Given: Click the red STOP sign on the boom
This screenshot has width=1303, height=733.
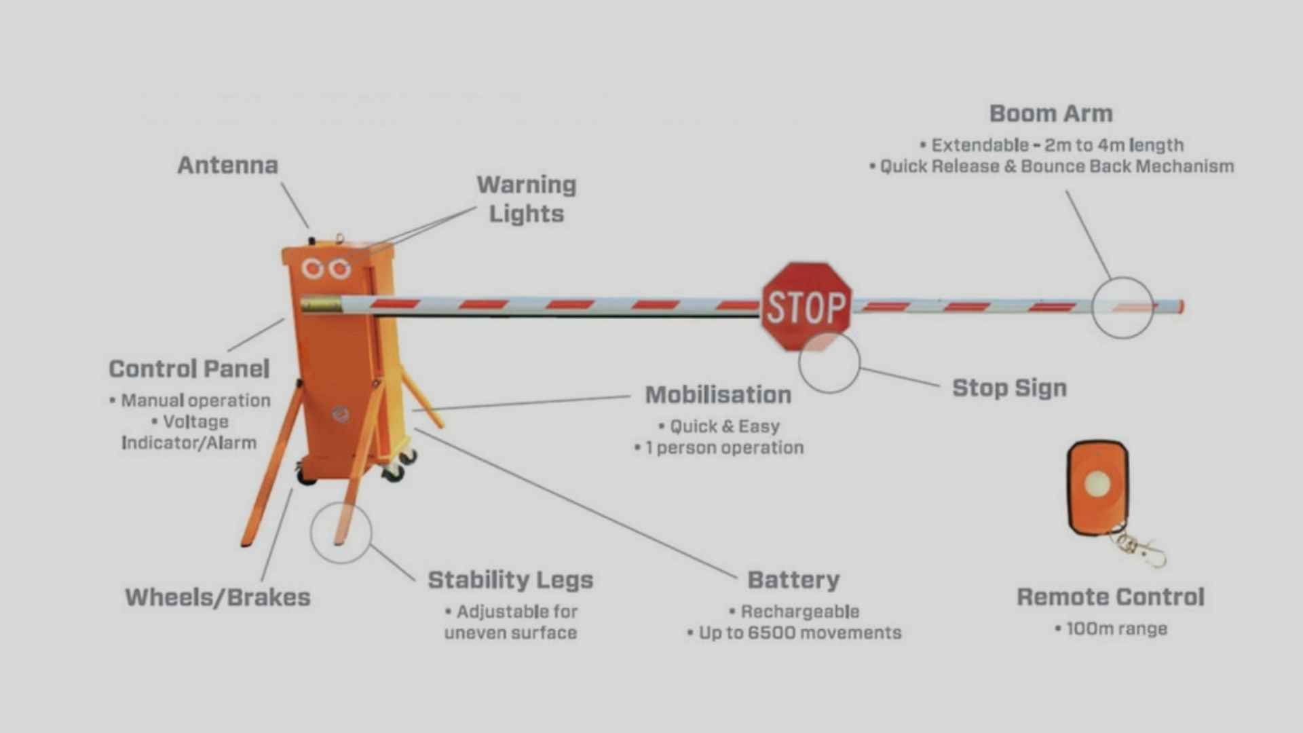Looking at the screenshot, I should click(806, 307).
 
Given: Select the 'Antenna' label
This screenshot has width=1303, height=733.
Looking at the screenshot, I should click(227, 165).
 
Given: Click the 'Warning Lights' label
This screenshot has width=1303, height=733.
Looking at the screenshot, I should click(527, 199).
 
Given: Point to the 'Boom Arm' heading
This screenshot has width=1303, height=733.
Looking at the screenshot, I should click(1051, 113).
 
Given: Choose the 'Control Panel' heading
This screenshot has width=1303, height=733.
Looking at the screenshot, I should click(189, 369).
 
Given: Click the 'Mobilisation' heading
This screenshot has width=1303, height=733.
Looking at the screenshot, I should click(718, 394).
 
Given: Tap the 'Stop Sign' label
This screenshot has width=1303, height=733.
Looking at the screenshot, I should click(1009, 388).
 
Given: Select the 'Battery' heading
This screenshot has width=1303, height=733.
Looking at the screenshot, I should click(793, 580).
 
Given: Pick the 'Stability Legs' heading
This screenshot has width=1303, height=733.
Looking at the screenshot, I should click(510, 580).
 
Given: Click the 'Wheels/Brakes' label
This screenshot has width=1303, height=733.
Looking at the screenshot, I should click(218, 597).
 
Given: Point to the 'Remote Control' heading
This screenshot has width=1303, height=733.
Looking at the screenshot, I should click(1110, 597).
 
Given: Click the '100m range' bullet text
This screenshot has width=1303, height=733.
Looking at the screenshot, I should click(1116, 628).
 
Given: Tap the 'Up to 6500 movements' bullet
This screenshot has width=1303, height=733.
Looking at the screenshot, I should click(799, 633).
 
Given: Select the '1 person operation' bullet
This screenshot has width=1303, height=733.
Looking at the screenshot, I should click(724, 448).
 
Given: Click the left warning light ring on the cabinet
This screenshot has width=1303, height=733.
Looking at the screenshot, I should click(313, 269).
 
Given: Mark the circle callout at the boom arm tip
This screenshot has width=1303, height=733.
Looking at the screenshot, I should click(1122, 307).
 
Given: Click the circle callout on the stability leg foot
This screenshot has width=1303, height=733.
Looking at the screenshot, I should click(341, 533).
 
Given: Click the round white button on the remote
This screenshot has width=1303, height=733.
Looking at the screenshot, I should click(1097, 484).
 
